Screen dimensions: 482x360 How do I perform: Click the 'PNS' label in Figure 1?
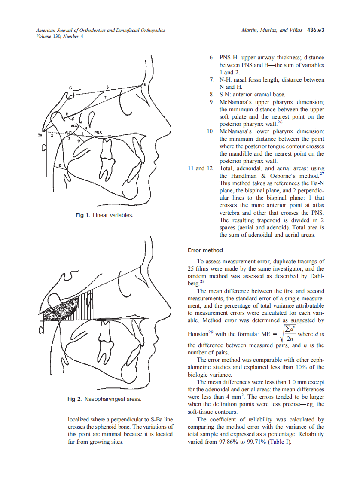coord(98,133)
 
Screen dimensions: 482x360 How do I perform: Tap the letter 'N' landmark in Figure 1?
coord(145,85)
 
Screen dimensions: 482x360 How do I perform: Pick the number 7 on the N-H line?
coord(105,98)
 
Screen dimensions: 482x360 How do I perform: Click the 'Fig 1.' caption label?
coord(83,215)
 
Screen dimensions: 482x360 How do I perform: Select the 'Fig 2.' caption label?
coord(75,399)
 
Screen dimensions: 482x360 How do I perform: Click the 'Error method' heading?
coord(205,250)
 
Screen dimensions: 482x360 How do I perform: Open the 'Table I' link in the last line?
coord(279,442)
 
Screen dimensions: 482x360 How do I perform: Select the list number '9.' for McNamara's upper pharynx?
coord(212,102)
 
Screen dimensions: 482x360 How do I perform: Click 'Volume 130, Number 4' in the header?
coord(59,36)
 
